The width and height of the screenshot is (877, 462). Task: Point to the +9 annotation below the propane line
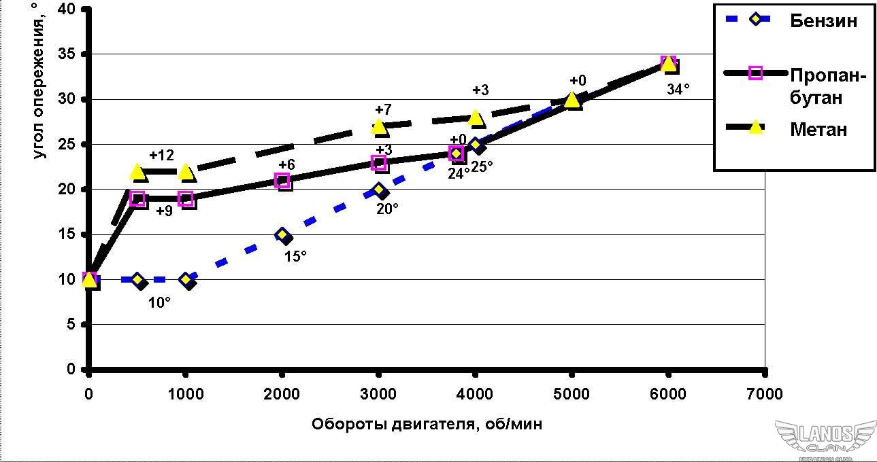[165, 211]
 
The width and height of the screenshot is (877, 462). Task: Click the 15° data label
[295, 256]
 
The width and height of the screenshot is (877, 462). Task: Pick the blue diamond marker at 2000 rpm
[282, 234]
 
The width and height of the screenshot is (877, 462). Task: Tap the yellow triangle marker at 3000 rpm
[379, 126]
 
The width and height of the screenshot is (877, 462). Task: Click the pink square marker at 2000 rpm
[282, 181]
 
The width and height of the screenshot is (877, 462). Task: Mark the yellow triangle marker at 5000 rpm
[572, 100]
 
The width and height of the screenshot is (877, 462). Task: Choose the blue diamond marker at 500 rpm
[137, 279]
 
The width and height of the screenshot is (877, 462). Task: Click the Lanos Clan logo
[825, 438]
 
